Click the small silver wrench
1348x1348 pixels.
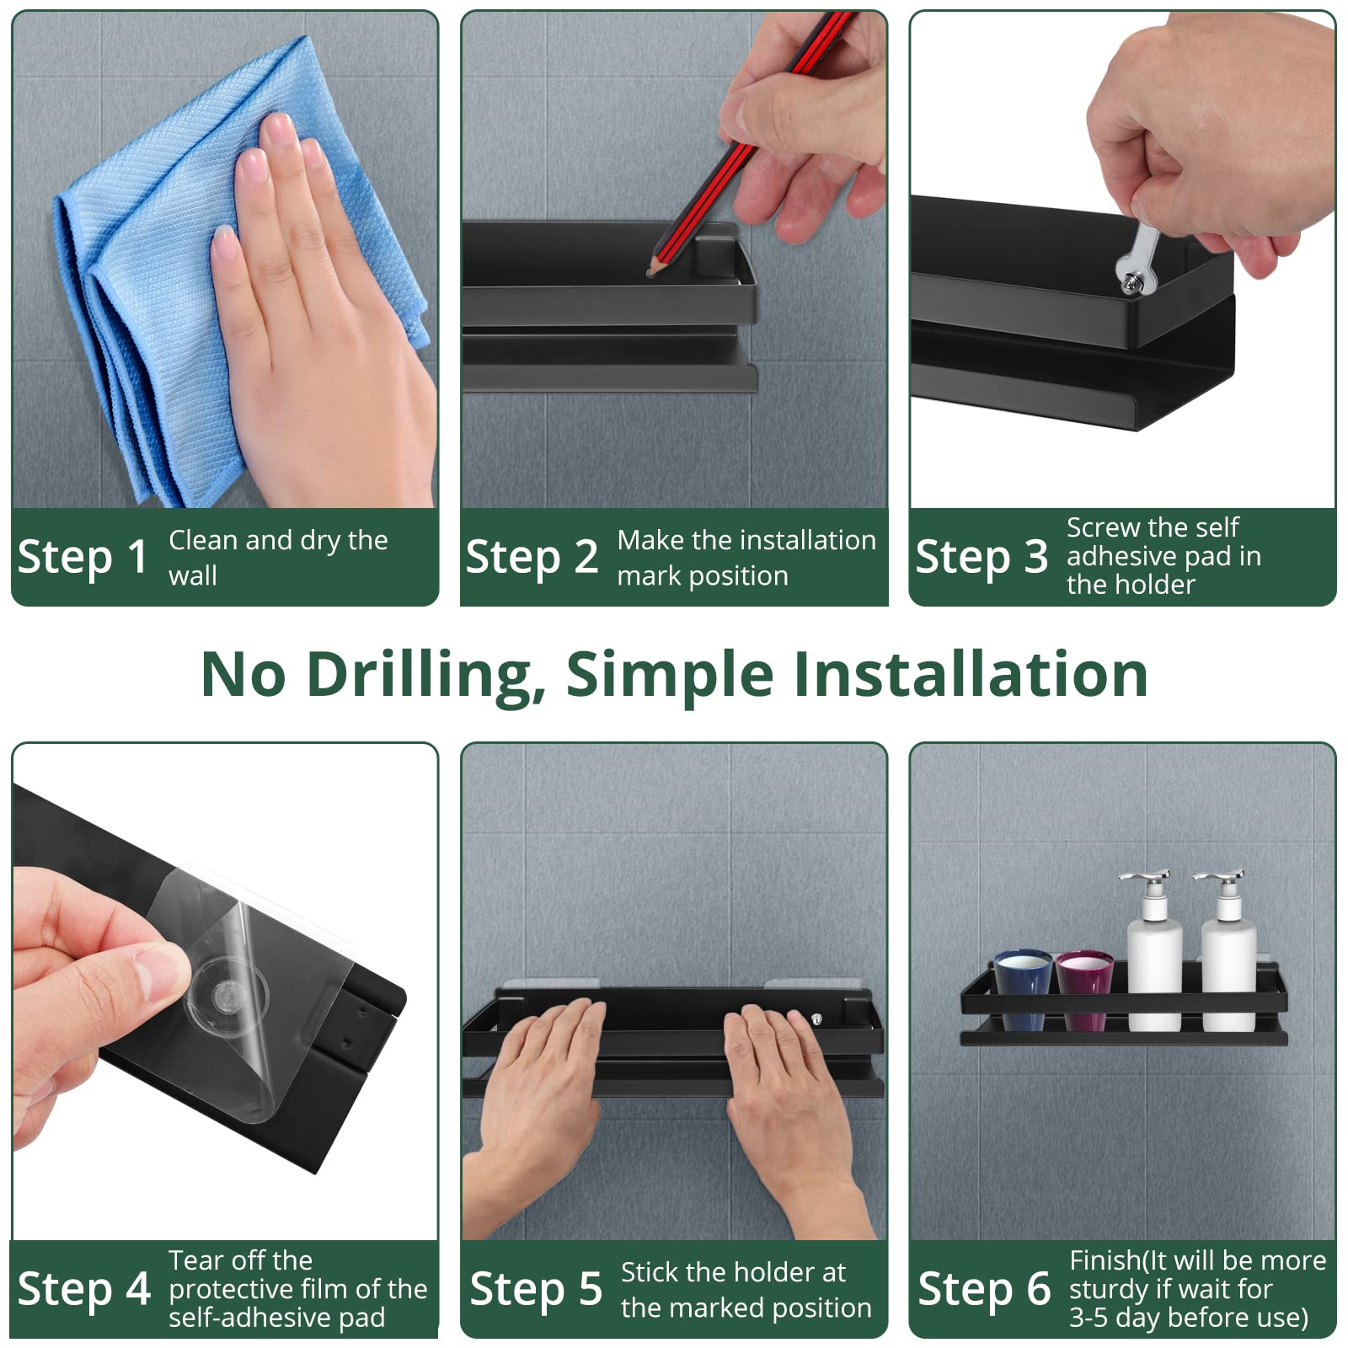pyautogui.click(x=1137, y=258)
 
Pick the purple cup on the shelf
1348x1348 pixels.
pyautogui.click(x=1085, y=990)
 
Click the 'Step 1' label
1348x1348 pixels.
pyautogui.click(x=83, y=557)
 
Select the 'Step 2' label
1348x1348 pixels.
pyautogui.click(x=532, y=557)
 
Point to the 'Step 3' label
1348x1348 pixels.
pyautogui.click(x=982, y=557)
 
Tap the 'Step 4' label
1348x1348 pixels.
pyautogui.click(x=84, y=1289)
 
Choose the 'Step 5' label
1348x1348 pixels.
pyautogui.click(x=536, y=1289)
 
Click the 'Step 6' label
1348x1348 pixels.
pyautogui.click(x=984, y=1289)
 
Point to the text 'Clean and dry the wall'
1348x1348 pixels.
pyautogui.click(x=278, y=557)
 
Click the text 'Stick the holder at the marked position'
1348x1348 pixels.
pyautogui.click(x=746, y=1289)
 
